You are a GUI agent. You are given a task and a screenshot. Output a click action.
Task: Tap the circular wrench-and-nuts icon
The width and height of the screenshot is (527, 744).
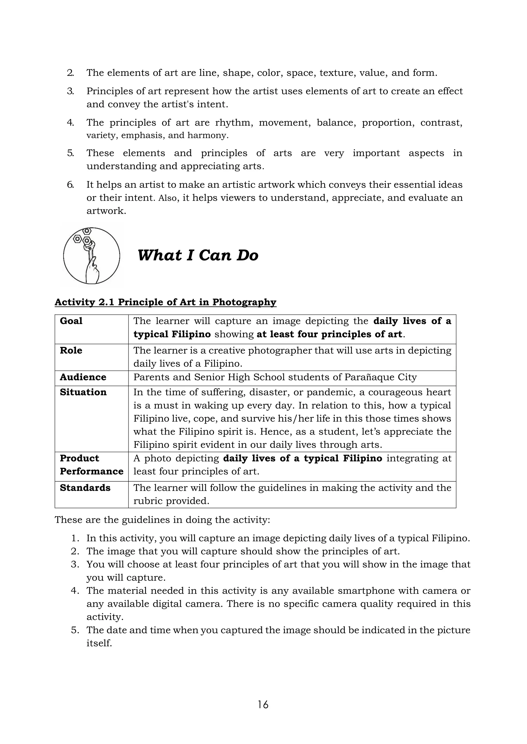point(92,256)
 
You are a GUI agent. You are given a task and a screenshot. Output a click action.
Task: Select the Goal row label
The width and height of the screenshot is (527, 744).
point(71,321)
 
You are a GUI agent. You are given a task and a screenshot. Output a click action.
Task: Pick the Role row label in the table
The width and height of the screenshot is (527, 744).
point(71,351)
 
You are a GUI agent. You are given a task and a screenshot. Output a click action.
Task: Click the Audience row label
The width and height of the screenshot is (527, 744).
point(83,377)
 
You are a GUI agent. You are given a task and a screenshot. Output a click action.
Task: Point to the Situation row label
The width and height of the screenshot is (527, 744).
point(83,392)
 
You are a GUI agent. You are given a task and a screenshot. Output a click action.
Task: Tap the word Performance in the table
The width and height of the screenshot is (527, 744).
point(92,472)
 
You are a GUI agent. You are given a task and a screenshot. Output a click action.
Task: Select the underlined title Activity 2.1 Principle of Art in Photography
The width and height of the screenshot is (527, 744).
point(165,302)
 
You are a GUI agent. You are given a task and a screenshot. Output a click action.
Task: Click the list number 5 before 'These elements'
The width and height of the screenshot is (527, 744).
point(70,153)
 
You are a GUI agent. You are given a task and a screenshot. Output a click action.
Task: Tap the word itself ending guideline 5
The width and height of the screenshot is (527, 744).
point(99,643)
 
